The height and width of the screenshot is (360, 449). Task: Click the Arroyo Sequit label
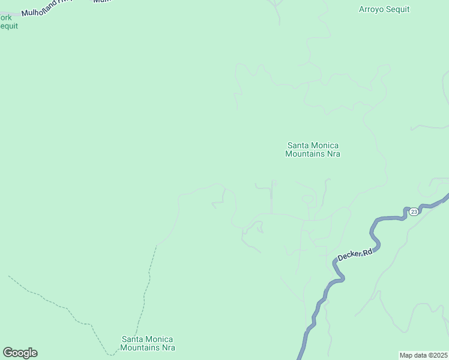[x=384, y=9]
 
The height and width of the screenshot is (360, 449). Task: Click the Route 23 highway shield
[x=414, y=212]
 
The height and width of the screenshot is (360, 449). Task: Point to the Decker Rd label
[x=355, y=254]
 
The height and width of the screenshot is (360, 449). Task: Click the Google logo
[x=20, y=353]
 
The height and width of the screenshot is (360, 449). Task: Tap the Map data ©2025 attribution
[x=423, y=355]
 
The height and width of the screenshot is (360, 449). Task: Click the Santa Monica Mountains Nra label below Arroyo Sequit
[x=312, y=149]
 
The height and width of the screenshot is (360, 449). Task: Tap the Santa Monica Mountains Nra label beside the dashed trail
[x=148, y=343]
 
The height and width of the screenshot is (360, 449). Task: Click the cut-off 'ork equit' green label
[x=7, y=22]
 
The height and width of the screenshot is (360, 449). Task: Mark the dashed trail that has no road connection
[x=54, y=303]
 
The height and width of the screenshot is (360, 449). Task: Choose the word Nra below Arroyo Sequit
[x=333, y=154]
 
